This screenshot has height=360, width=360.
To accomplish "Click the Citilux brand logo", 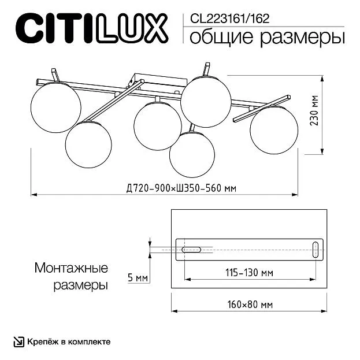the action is point(92,28).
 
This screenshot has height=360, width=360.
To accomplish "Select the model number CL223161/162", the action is point(229,19).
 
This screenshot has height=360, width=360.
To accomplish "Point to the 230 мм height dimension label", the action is point(315,110).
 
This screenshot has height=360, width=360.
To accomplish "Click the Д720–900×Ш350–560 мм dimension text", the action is point(181,188).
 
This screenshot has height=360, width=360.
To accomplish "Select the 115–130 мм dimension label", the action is point(249,273).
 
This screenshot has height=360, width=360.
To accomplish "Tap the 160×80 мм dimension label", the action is point(250,305).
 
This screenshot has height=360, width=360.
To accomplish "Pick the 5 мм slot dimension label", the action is point(138,278).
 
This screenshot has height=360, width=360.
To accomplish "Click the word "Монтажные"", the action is point(71,268).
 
